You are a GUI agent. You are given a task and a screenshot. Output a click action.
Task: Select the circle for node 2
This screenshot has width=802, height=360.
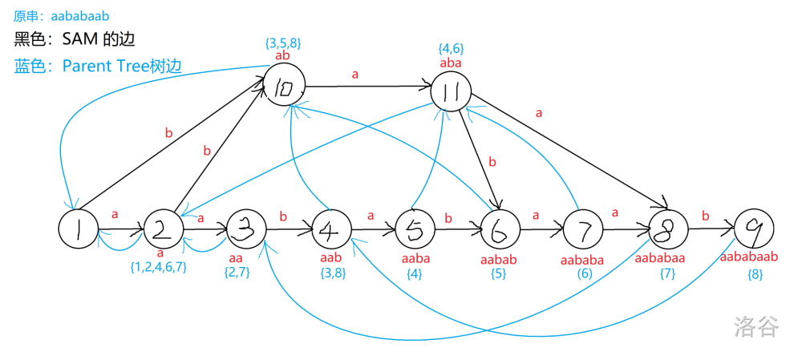tap(164, 230)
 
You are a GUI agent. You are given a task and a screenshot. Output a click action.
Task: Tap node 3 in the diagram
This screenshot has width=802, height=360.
tap(247, 230)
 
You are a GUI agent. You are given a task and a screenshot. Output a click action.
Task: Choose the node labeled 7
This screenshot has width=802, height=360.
tap(584, 231)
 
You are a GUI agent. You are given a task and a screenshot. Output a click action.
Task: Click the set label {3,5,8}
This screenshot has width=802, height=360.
tap(282, 42)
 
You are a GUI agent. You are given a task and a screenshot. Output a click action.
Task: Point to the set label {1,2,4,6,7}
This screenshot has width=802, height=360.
tap(159, 267)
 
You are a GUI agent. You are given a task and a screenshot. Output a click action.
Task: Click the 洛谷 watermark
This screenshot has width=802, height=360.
tap(755, 326)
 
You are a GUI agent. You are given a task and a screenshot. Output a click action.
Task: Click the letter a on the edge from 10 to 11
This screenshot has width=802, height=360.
tap(355, 74)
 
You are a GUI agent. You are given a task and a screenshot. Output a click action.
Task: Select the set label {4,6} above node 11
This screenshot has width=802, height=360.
tap(451, 49)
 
